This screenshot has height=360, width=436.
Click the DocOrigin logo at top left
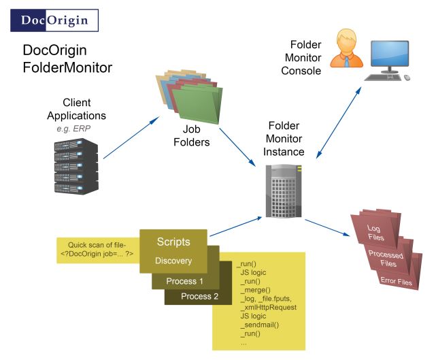[54, 20]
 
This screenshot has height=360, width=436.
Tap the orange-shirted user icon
[346, 48]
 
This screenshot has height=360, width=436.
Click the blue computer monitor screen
[390, 53]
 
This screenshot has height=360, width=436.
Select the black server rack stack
[76, 166]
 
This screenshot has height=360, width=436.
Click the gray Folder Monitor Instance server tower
[284, 191]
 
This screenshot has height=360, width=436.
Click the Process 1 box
[185, 281]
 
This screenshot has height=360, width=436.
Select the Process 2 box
[199, 296]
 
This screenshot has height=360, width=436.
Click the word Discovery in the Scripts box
[173, 261]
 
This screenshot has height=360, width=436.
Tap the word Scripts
[173, 242]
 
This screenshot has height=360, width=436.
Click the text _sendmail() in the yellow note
[260, 325]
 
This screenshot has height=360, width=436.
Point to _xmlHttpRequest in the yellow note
[269, 307]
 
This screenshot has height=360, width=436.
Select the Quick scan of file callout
[98, 250]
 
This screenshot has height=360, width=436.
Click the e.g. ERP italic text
[73, 129]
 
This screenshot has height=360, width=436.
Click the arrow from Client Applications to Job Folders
[131, 137]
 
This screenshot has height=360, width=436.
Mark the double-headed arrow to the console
[339, 122]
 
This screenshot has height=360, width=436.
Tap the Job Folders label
[192, 135]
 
